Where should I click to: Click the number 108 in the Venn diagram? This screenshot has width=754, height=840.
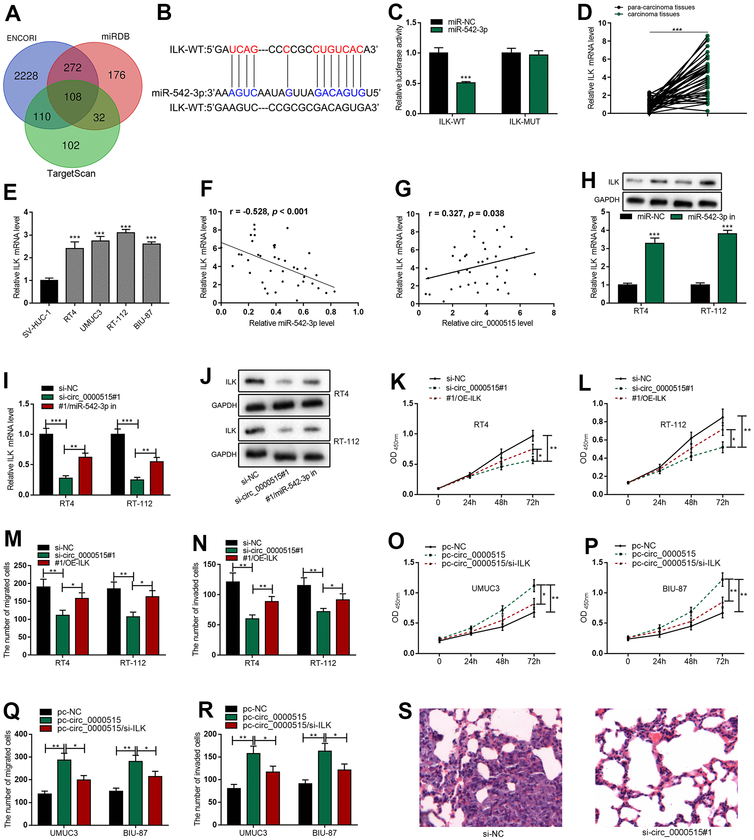73,97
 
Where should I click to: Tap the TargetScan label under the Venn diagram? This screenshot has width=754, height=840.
71,173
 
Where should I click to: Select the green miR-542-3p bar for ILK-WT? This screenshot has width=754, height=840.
466,98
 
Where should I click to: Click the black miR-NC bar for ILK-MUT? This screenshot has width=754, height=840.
511,83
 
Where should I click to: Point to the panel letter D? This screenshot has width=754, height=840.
584,12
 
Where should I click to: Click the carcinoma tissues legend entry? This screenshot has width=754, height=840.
653,15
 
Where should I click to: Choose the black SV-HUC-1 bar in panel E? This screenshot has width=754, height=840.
49,291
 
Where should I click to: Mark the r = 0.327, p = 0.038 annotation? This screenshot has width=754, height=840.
466,214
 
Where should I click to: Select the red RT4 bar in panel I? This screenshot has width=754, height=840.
85,476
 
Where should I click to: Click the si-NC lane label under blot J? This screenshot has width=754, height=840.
250,479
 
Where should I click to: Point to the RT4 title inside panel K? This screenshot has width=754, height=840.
481,424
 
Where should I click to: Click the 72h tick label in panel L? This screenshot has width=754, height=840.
722,502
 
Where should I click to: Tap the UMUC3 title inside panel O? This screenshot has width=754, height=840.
485,588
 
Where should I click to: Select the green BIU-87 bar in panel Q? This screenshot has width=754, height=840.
135,793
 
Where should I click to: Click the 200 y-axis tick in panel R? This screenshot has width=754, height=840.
211,734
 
